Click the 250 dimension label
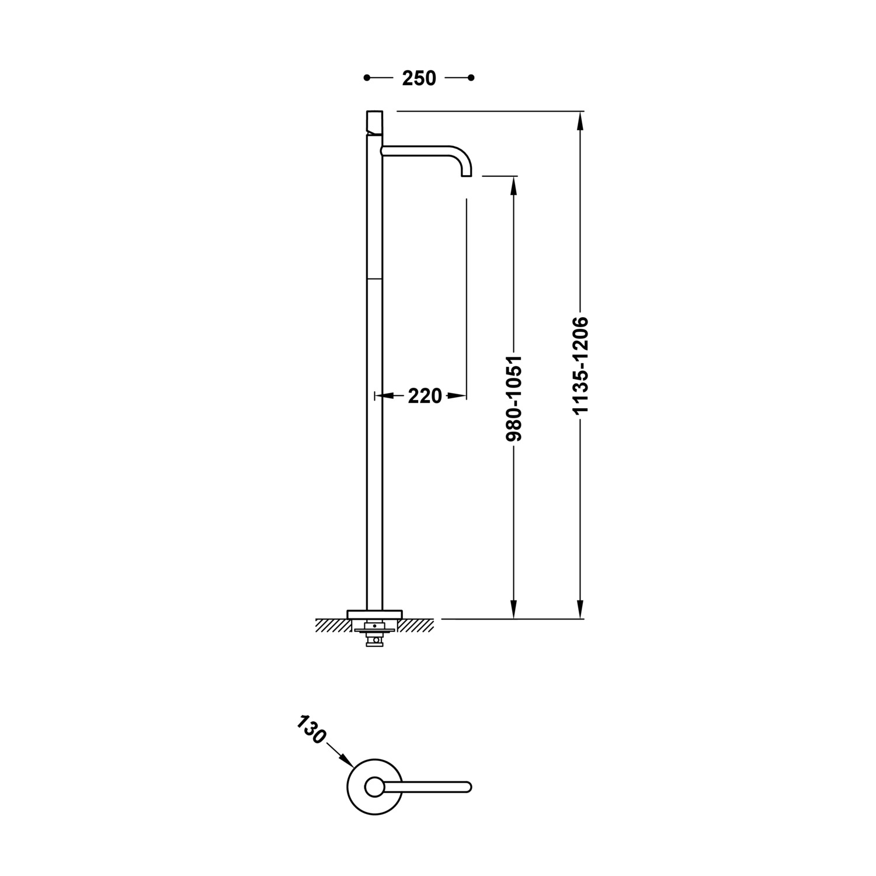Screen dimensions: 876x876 pyautogui.click(x=419, y=78)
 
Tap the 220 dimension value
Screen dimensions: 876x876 pyautogui.click(x=425, y=397)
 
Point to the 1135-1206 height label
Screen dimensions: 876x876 pyautogui.click(x=580, y=366)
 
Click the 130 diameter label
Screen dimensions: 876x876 pyautogui.click(x=311, y=729)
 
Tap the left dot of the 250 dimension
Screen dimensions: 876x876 pyautogui.click(x=367, y=78)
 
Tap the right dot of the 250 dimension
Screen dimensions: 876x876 pyautogui.click(x=471, y=78)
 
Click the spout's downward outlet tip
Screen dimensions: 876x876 pyautogui.click(x=467, y=175)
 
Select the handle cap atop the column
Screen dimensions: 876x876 pyautogui.click(x=374, y=121)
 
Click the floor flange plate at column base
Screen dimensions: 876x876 pyautogui.click(x=374, y=614)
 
